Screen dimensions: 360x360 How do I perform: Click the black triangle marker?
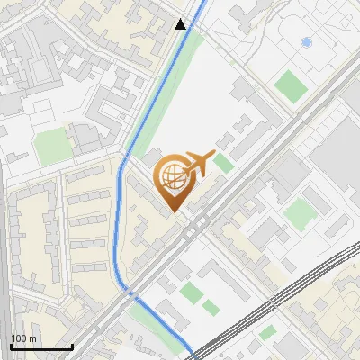pyautogui.click(x=181, y=24)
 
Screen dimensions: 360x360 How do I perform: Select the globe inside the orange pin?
pyautogui.click(x=171, y=177)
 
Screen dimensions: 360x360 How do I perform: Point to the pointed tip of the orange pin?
pyautogui.click(x=172, y=211)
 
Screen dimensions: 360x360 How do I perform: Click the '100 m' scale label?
pyautogui.click(x=23, y=338)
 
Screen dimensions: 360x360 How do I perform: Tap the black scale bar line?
pyautogui.click(x=41, y=346)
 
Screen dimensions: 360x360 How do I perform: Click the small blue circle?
pyautogui.click(x=306, y=42)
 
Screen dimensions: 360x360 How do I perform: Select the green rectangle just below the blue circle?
pyautogui.click(x=291, y=86)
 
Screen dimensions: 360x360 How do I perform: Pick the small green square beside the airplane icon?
pyautogui.click(x=223, y=163)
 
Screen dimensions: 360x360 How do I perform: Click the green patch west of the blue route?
pyautogui.click(x=53, y=145)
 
